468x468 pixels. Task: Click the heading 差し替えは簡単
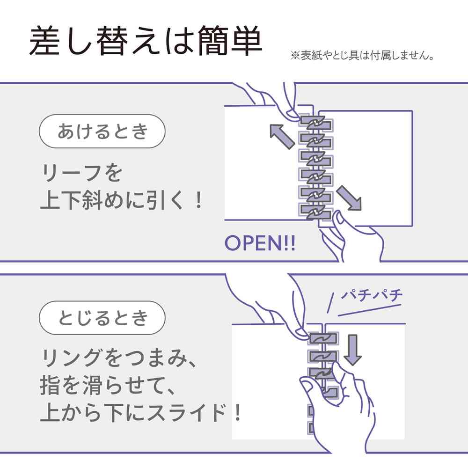tap(146, 41)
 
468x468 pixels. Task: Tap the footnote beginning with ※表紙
tap(362, 56)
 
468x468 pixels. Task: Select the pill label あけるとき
tap(102, 132)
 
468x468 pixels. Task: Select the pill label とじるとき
tap(102, 318)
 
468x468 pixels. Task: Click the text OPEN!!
tap(260, 243)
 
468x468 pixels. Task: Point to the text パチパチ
tap(372, 295)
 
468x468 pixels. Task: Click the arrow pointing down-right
tap(349, 198)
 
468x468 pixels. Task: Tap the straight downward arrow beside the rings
tap(353, 350)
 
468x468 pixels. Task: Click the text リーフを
tap(81, 173)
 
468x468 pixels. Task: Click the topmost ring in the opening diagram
tap(316, 123)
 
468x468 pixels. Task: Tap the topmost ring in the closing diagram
tap(322, 339)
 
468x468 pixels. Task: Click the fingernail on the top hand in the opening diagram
tap(292, 114)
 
